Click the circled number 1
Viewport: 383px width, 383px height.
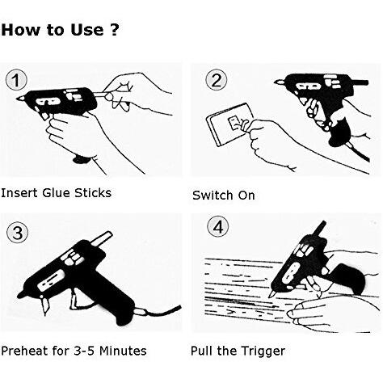[x=16, y=80]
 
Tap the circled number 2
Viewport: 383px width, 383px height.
[x=217, y=80]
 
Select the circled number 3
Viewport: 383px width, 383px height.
[x=17, y=232]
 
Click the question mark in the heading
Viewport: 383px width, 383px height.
[x=115, y=29]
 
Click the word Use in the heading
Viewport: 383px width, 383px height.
[x=87, y=30]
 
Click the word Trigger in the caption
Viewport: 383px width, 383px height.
[x=263, y=351]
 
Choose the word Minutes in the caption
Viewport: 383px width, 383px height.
[x=123, y=351]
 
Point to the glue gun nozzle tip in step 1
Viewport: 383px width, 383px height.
[x=18, y=99]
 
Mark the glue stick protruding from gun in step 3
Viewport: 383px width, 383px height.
[x=101, y=238]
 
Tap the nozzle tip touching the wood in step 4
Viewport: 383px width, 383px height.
[x=270, y=296]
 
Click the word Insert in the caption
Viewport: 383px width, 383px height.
[x=19, y=193]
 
